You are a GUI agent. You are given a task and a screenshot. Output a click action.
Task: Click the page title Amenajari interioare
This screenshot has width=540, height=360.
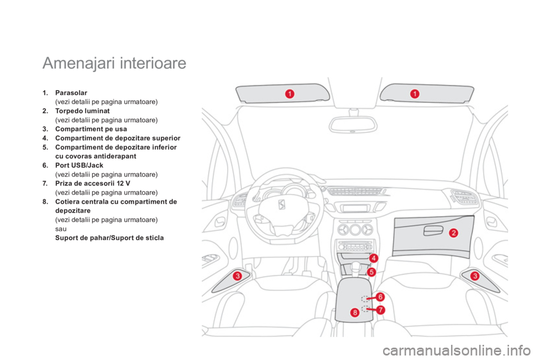point(114,64)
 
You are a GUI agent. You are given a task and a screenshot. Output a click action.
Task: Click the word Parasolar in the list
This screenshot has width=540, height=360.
point(71,93)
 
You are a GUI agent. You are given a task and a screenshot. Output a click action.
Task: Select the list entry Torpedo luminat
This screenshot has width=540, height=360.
point(82,111)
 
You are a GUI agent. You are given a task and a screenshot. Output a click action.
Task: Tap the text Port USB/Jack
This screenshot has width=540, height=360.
point(79,165)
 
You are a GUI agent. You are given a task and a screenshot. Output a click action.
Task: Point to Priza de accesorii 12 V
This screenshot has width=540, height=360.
point(93,183)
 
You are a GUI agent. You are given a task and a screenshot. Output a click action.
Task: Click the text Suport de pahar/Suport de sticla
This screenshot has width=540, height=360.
point(110,238)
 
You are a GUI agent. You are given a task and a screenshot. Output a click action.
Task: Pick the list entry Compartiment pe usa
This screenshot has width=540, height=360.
point(91,129)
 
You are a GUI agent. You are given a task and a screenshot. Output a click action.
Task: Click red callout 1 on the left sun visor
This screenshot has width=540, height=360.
point(290,94)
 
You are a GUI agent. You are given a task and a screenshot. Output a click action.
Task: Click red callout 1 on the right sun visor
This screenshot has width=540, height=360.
point(415,94)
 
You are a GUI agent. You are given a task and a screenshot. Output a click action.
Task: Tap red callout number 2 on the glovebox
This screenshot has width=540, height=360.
point(453,233)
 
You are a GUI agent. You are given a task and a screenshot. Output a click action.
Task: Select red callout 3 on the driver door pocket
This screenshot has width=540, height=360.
point(237,276)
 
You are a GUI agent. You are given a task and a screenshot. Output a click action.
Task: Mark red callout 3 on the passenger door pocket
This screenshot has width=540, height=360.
point(475,276)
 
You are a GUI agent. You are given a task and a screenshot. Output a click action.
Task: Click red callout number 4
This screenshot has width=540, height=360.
point(373,258)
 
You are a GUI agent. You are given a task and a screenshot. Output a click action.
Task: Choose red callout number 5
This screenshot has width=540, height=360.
point(371,272)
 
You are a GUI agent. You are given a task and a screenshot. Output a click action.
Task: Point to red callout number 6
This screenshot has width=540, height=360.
point(380,297)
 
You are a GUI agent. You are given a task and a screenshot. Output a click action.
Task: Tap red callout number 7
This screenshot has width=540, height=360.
point(380,310)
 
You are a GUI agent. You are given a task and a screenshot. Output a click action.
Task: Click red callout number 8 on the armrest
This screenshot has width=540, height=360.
point(355,313)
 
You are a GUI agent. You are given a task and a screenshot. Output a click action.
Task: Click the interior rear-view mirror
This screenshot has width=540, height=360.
point(353,124)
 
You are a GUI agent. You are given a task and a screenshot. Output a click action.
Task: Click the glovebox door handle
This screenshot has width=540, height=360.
point(433,231)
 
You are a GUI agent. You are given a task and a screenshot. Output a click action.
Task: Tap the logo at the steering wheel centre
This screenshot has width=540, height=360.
point(282,205)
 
